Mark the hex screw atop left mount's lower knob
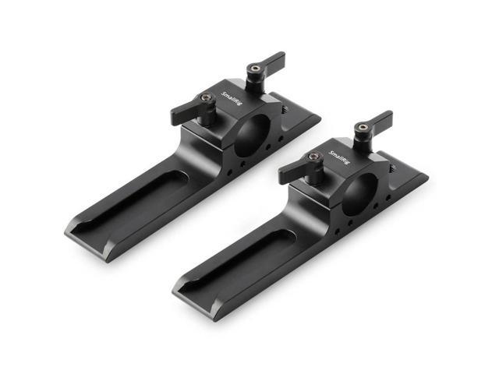tap(206, 98)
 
